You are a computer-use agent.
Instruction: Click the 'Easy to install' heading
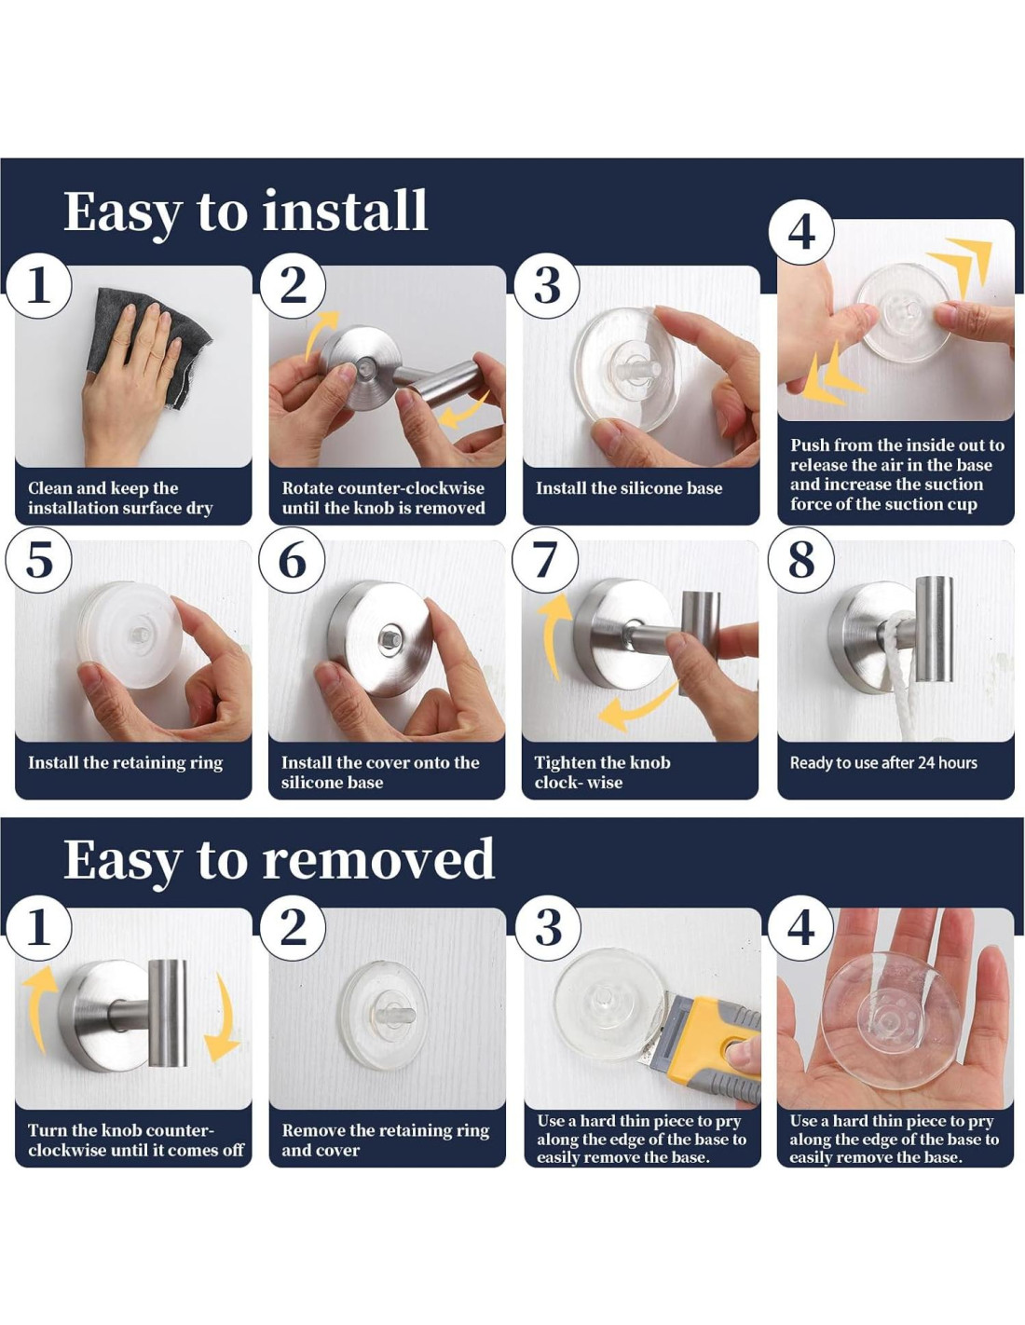click(245, 212)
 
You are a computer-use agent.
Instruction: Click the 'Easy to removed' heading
click(279, 858)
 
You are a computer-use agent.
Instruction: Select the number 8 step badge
click(800, 559)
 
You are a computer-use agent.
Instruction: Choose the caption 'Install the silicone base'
click(629, 488)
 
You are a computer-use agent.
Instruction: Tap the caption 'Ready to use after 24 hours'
click(883, 762)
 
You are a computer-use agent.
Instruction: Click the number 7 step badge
click(545, 560)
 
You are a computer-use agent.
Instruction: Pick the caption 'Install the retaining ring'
click(126, 763)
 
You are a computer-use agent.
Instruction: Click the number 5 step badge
click(38, 560)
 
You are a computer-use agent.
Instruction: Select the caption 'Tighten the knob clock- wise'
click(603, 772)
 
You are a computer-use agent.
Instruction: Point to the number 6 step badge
click(292, 560)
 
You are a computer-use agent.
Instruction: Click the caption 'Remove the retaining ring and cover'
click(386, 1141)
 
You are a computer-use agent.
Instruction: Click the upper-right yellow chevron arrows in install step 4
click(959, 266)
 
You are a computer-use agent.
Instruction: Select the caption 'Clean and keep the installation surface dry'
click(120, 498)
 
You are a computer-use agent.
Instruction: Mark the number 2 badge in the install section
click(293, 285)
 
